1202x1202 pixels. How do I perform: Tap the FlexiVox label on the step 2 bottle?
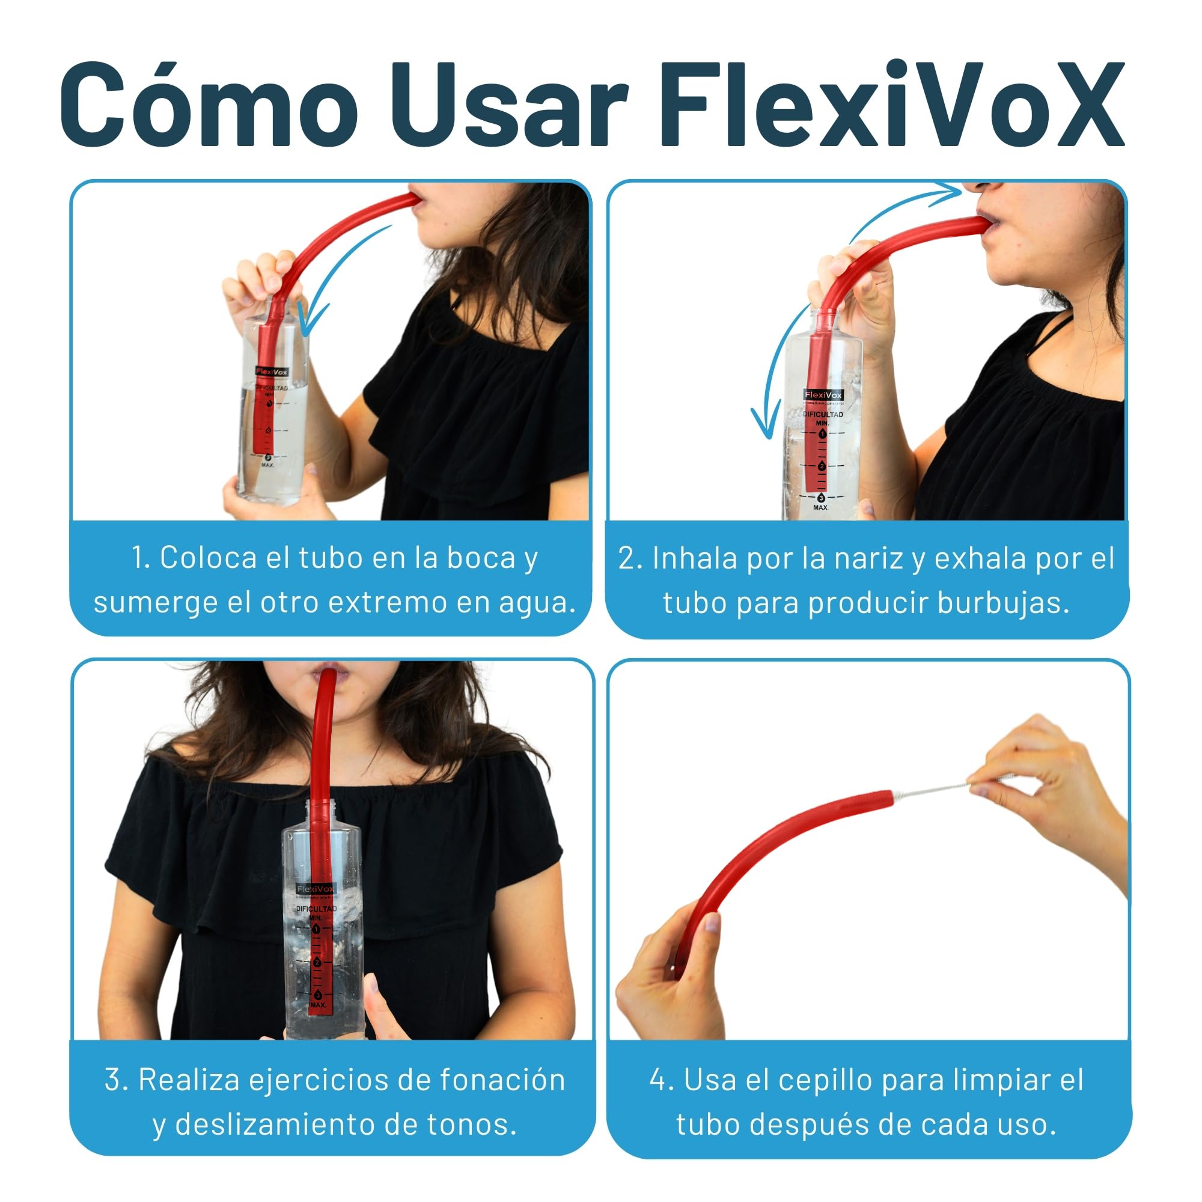823,395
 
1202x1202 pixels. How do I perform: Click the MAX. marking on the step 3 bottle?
318,1005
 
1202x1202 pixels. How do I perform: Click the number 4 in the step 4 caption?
657,1079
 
